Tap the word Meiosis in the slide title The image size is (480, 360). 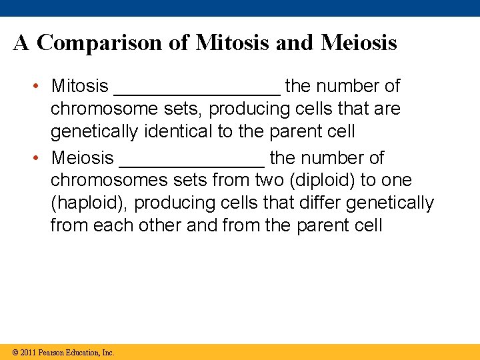[x=359, y=43]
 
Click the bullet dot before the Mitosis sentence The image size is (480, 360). [x=41, y=87]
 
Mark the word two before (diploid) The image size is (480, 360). [x=272, y=181]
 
